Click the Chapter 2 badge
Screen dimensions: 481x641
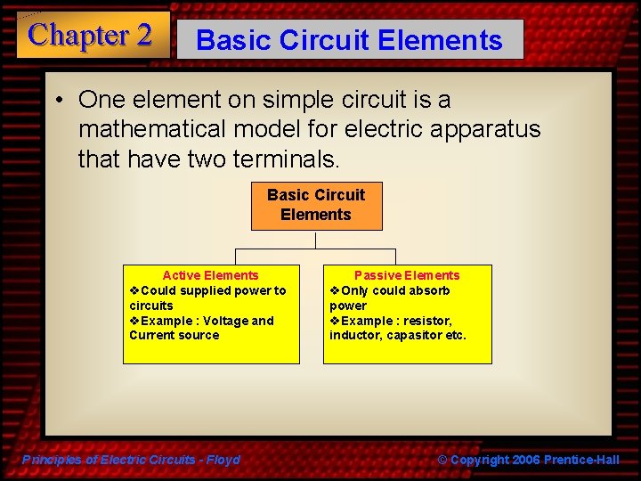coord(91,36)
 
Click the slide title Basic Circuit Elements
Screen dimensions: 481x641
coord(349,40)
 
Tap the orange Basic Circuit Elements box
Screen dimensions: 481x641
coord(316,205)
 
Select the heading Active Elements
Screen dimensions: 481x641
coord(210,275)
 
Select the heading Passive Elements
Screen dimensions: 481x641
coord(407,275)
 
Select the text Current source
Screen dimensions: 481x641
coord(174,336)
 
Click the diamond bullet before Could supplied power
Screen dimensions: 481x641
coord(134,290)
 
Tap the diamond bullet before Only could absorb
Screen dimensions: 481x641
coord(335,290)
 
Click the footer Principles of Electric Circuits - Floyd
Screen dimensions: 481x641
coord(131,460)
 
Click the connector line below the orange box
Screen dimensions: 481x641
coord(316,240)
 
